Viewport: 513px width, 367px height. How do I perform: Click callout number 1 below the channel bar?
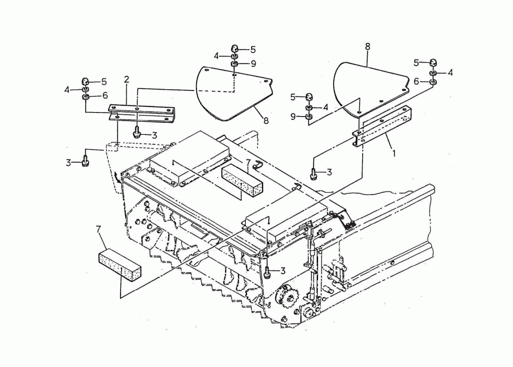coord(394,153)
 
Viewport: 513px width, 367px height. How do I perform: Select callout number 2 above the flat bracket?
coord(126,79)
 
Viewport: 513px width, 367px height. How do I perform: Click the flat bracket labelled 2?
coord(142,113)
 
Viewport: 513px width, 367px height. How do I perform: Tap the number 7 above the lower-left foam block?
coord(98,229)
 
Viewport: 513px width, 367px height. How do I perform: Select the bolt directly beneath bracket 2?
coord(136,133)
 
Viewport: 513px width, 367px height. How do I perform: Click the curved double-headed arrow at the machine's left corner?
coord(117,178)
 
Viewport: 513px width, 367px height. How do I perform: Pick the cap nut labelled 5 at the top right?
coord(433,62)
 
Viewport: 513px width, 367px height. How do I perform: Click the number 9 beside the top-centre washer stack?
coord(253,63)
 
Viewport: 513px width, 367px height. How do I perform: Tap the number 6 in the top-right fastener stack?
coord(417,81)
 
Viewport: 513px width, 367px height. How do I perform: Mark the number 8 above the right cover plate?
coord(368,46)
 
